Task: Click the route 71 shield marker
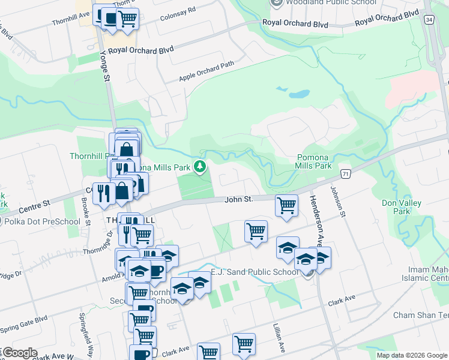[345, 173]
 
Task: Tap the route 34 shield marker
[428, 20]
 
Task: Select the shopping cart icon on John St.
[286, 205]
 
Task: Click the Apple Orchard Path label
[206, 71]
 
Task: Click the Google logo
[19, 353]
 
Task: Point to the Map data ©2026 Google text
[411, 355]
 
